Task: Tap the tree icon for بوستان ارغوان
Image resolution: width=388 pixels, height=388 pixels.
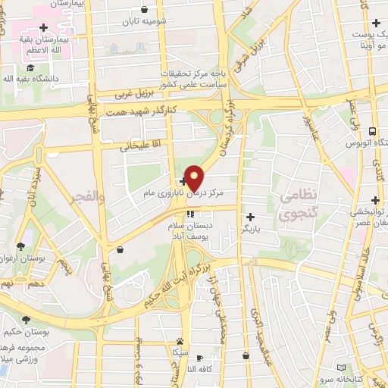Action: point(20,246)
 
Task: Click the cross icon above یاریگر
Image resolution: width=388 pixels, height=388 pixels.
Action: point(250,217)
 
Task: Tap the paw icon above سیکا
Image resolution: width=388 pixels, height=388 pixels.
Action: point(179,341)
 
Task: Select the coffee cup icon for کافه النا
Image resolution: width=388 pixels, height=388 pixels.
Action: point(199,357)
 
